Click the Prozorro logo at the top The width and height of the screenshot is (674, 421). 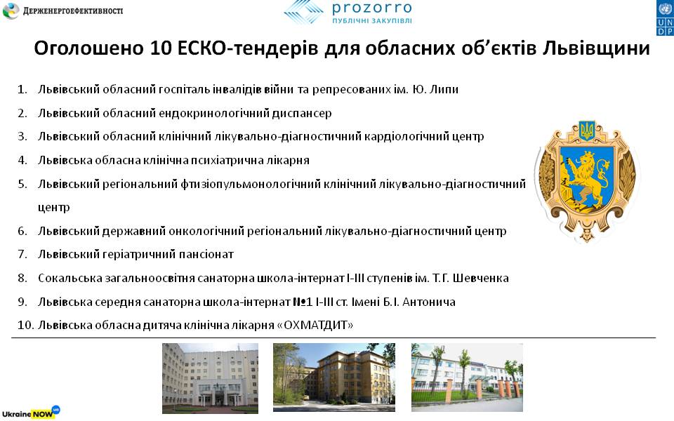tap(348, 12)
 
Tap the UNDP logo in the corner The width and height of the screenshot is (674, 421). tap(665, 18)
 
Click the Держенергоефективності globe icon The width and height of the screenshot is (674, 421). tap(11, 11)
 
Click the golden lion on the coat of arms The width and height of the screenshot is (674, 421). tap(586, 176)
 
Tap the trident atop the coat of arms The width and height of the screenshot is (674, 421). tap(587, 131)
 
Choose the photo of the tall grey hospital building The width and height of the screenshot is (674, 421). tap(210, 378)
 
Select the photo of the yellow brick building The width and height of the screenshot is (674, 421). tap(334, 377)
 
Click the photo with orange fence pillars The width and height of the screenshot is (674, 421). tap(468, 377)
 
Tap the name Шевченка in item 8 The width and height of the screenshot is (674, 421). tap(480, 279)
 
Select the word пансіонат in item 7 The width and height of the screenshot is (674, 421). tap(206, 255)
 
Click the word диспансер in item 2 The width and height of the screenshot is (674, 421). tap(302, 114)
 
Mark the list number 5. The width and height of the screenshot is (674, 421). tap(22, 185)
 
